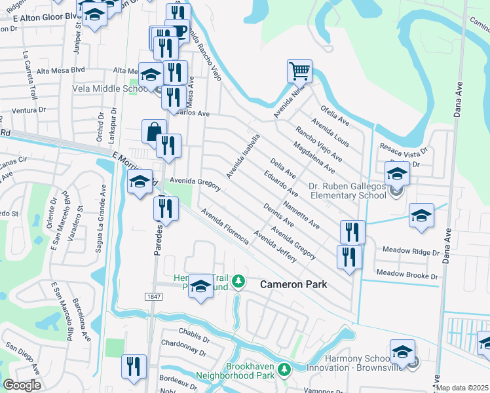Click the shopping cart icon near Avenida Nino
[299, 69]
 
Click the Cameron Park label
[293, 284]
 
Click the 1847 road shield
[154, 297]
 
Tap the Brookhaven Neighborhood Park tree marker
[284, 370]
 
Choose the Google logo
[22, 385]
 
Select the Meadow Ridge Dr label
[410, 252]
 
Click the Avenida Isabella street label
[244, 156]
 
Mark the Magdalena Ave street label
[314, 158]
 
